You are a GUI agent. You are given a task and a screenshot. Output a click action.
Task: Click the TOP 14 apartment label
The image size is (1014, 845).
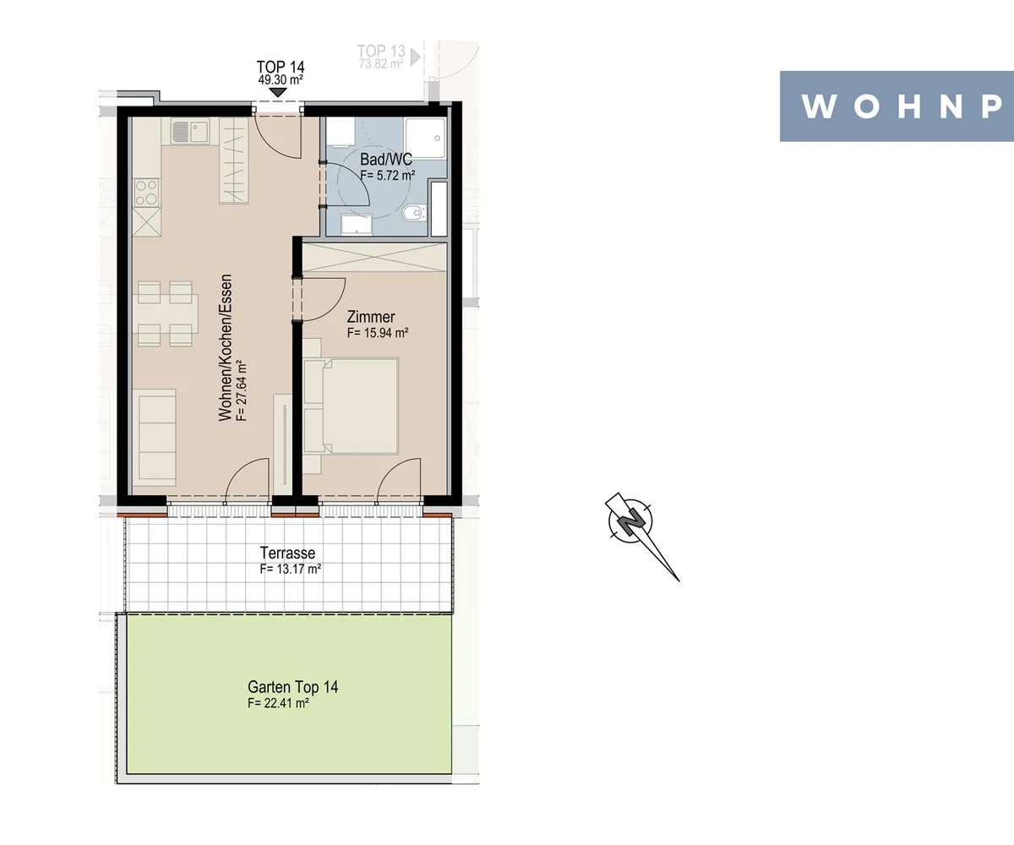coord(281,67)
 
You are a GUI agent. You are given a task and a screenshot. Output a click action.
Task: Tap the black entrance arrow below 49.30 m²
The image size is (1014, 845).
coord(277,92)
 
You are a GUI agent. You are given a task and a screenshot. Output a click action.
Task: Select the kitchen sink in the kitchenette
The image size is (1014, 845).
coord(190,132)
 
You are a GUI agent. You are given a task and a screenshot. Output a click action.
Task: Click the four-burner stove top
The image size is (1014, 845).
coord(147,193)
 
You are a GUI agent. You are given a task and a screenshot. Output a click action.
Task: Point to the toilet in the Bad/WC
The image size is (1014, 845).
coord(413,212)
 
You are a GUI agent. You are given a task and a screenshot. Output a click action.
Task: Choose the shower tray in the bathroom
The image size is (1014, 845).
coord(425,138)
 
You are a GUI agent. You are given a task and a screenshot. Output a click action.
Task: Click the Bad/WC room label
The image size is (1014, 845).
coord(385,160)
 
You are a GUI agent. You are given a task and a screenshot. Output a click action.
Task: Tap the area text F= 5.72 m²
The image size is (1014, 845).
coord(388,175)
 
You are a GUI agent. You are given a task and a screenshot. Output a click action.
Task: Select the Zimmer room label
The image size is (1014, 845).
coord(371,317)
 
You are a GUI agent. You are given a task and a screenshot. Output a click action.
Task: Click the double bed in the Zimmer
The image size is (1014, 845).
coord(351,406)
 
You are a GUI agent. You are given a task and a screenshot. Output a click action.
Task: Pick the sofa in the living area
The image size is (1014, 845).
coord(154,437)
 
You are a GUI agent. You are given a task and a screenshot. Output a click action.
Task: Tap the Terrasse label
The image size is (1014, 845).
coord(287,553)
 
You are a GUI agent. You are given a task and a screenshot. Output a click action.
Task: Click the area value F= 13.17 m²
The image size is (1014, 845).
coord(291,569)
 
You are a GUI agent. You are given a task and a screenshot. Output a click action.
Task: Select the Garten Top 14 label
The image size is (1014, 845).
coord(293,687)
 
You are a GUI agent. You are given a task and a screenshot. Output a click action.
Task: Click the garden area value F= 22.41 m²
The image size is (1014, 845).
coord(278,703)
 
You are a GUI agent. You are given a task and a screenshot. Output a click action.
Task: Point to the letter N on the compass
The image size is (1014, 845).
coord(631,521)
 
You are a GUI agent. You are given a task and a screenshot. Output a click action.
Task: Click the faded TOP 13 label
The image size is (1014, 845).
coord(381,51)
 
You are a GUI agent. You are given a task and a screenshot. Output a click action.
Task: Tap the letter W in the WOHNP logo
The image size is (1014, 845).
coord(818,106)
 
